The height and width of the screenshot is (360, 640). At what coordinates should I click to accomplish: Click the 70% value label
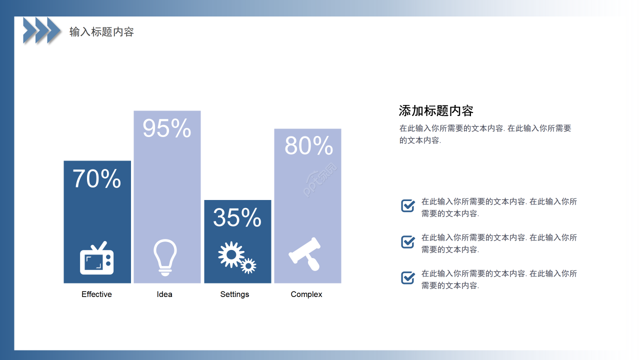coord(97,179)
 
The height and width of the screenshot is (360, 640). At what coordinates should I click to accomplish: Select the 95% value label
coord(167,128)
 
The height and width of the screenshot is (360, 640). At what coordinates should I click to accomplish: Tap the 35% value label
coord(237,217)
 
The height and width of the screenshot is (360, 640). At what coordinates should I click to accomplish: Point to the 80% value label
coord(308,146)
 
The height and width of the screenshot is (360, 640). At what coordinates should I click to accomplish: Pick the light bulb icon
coord(165,257)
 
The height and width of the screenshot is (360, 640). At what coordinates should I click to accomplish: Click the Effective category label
coord(96,294)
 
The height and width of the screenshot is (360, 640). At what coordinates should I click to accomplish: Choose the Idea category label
coord(164,294)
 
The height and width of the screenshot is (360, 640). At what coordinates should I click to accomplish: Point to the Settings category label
coord(234,294)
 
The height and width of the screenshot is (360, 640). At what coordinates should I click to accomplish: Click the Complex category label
coord(306,294)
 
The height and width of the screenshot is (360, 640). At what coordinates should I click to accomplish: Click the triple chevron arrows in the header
coord(42,30)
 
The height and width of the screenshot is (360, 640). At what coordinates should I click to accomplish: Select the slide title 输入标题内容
coord(101,32)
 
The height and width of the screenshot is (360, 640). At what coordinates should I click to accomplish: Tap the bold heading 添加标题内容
coord(436,110)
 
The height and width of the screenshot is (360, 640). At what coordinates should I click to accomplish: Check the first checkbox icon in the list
coord(408,205)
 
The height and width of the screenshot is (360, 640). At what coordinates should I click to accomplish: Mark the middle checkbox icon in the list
coord(408,242)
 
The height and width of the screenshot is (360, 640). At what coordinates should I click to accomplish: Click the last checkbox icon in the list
coord(408,278)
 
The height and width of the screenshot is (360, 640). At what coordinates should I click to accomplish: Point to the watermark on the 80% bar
coord(320,180)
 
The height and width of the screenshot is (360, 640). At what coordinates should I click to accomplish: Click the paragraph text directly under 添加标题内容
coord(485,134)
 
